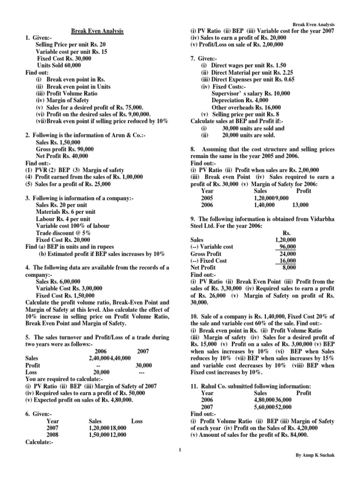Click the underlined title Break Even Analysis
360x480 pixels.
(97, 31)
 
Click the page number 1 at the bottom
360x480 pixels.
(180, 451)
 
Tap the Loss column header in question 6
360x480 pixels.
(137, 421)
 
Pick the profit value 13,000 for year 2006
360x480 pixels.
(300, 205)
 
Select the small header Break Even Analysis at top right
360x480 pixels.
(314, 24)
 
